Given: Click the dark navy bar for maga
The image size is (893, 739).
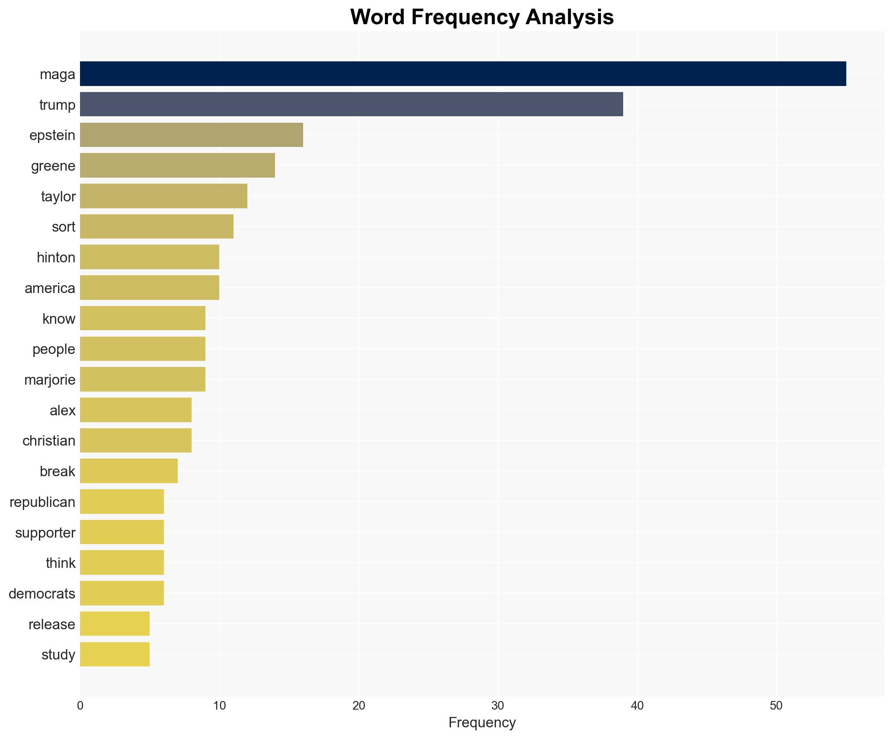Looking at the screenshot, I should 463,74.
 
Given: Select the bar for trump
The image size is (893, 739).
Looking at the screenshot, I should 351,105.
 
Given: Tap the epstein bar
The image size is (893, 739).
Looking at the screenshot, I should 191,135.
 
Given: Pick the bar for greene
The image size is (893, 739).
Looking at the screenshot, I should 177,166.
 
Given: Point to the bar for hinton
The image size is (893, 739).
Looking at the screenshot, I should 149,257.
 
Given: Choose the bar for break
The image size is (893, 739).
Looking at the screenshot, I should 128,471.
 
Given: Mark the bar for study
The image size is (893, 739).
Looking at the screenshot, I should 115,654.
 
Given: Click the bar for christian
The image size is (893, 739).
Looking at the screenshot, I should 135,440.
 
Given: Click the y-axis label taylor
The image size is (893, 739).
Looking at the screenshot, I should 58,197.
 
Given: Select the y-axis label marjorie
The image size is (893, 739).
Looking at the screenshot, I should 50,380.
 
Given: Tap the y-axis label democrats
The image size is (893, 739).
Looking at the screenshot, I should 42,594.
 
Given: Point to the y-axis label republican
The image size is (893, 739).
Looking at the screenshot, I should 42,502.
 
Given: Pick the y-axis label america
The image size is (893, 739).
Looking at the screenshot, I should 50,288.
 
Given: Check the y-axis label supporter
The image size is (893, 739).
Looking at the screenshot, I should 45,533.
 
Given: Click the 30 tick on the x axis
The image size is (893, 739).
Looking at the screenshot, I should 498,706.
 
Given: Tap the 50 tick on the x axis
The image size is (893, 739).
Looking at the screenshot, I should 776,706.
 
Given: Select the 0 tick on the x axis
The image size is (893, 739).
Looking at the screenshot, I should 80,706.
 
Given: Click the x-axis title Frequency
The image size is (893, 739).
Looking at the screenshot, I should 482,723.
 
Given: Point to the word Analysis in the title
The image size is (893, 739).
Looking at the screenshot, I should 570,17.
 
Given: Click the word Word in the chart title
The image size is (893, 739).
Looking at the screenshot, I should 378,17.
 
